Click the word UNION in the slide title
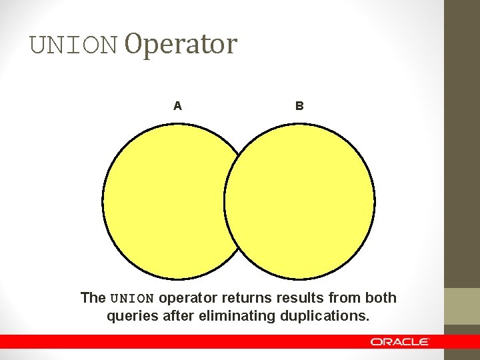pyautogui.click(x=74, y=45)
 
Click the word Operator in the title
pyautogui.click(x=181, y=44)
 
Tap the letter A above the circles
pyautogui.click(x=177, y=105)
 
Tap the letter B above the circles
pyautogui.click(x=299, y=105)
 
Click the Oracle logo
pyautogui.click(x=400, y=341)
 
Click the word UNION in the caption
pyautogui.click(x=133, y=298)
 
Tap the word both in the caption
pyautogui.click(x=381, y=298)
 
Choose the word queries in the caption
pyautogui.click(x=132, y=315)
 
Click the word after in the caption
pyautogui.click(x=179, y=315)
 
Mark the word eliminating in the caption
pyautogui.click(x=236, y=315)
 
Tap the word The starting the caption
pyautogui.click(x=93, y=298)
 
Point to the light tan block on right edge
pyautogui.click(x=462, y=306)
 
